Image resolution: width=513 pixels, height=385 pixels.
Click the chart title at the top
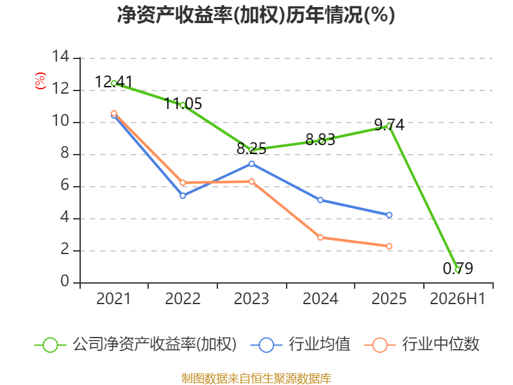coord(256,15)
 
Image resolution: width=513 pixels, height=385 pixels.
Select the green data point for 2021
coord(114,83)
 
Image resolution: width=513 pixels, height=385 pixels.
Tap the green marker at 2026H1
coord(458,269)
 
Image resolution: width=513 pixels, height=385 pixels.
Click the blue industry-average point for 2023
coord(251,164)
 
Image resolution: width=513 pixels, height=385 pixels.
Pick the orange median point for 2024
coord(321,237)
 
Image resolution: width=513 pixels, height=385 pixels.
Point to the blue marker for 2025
coord(389,215)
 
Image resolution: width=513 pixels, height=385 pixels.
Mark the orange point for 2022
coord(183,183)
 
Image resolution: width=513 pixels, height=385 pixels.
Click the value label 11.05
coord(183,104)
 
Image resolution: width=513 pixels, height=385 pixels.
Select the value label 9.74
coord(389,124)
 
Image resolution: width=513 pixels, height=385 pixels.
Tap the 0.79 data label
coord(458,268)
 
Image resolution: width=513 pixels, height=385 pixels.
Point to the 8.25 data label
coord(251,149)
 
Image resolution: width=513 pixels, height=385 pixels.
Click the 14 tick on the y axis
coord(61,56)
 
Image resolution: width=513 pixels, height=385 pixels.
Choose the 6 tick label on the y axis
coord(65,185)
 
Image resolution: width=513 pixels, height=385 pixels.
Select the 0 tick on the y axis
coord(65,282)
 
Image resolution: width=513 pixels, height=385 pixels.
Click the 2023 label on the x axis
coord(251,298)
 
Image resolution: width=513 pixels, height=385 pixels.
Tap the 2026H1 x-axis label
coord(458,298)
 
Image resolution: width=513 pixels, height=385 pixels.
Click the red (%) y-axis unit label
coord(40,81)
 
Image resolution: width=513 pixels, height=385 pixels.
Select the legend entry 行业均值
coord(300,345)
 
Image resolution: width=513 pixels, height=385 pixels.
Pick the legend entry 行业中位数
coord(422,345)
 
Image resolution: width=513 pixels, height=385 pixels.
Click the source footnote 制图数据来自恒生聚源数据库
coord(256,379)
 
